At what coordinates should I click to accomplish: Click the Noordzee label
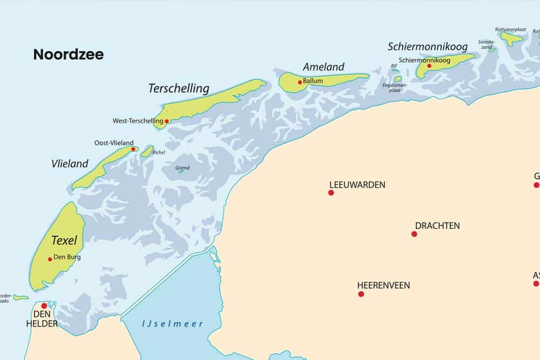(68, 55)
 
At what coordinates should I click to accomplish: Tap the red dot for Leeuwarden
(331, 193)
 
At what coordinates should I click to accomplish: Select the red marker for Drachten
(414, 234)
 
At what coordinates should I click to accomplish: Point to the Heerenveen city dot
(361, 294)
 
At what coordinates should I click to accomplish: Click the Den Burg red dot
(50, 259)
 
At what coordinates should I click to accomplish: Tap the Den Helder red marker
(44, 305)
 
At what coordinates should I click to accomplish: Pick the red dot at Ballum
(300, 83)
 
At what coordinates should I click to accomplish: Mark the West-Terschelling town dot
(167, 121)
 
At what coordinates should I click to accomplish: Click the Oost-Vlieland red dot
(133, 149)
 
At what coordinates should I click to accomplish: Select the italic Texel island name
(64, 241)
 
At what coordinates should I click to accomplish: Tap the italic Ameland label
(323, 67)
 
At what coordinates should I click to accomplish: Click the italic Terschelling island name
(179, 88)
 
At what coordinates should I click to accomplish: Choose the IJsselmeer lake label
(172, 324)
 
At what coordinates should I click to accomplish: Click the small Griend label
(183, 168)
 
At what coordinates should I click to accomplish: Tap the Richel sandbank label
(159, 152)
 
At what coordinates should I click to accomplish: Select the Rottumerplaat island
(510, 38)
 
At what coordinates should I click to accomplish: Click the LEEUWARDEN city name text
(357, 185)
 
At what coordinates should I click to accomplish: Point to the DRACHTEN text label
(437, 226)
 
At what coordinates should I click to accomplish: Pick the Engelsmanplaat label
(394, 87)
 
